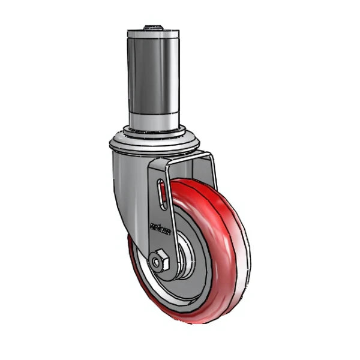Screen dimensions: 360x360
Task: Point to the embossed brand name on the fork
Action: point(160,229)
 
